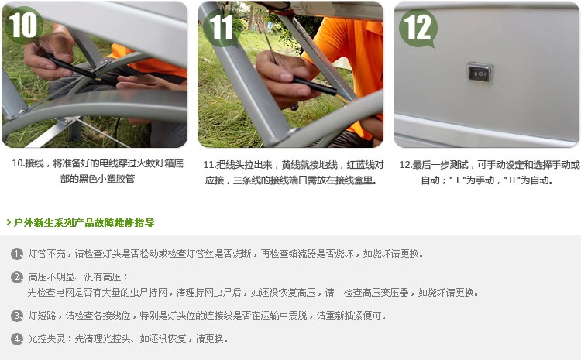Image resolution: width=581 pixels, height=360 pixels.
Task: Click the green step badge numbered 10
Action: [23, 26]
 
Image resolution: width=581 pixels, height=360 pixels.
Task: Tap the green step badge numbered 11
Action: [222, 28]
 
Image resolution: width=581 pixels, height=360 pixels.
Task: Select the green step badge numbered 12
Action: [418, 28]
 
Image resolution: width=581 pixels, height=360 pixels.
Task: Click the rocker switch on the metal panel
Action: [480, 72]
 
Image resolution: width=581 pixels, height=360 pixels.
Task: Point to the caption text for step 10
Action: [98, 171]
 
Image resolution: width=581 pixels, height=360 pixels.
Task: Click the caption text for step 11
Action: [293, 173]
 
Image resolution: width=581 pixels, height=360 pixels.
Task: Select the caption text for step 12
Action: [489, 173]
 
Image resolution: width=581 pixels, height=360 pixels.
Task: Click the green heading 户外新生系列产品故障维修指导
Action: [84, 223]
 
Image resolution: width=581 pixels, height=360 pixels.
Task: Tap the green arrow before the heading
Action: [9, 222]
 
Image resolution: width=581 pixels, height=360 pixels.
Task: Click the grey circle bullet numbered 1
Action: [17, 254]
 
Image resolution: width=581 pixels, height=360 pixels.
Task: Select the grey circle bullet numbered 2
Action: [17, 277]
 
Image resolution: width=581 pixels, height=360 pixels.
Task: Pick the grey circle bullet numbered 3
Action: [17, 316]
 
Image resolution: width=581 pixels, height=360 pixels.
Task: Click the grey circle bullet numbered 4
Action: [17, 339]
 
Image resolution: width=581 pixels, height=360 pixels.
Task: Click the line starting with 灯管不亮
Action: [225, 254]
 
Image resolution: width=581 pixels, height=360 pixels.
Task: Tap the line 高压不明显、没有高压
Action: [78, 277]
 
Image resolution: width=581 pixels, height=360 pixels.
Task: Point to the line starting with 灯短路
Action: [207, 316]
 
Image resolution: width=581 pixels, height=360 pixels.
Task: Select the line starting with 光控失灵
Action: [128, 339]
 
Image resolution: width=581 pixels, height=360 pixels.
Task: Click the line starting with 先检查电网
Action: [253, 293]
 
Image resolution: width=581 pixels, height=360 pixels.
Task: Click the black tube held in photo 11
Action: [314, 86]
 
